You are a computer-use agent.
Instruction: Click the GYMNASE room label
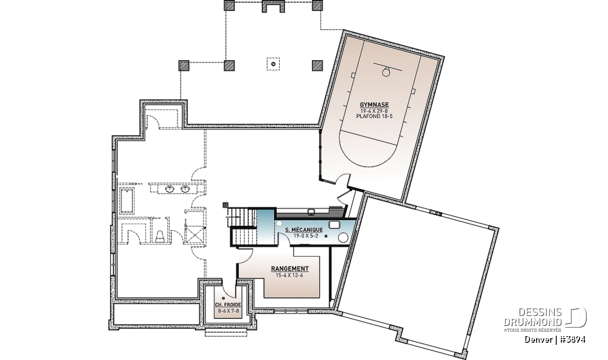click(374, 105)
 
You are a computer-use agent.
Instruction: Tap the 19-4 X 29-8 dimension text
click(374, 111)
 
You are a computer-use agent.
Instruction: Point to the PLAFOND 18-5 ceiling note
click(374, 116)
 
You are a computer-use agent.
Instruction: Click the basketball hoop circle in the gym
click(386, 72)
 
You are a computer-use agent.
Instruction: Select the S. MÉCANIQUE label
click(304, 230)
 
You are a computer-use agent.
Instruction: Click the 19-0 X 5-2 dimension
click(306, 236)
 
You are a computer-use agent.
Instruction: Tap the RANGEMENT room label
click(290, 268)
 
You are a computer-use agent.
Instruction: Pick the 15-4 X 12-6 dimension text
click(289, 275)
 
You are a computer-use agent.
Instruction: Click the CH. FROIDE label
click(228, 305)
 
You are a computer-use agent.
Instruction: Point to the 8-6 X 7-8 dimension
click(229, 310)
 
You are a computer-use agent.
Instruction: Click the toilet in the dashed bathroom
click(161, 236)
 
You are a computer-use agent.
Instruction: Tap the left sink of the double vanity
click(170, 188)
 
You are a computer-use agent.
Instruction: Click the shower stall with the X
click(195, 234)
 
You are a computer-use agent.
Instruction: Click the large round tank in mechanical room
click(343, 237)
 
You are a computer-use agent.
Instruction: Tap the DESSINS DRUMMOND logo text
click(533, 317)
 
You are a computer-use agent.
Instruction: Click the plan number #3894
click(572, 340)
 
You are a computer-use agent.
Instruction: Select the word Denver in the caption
click(535, 340)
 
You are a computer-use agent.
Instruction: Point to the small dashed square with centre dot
click(273, 64)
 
